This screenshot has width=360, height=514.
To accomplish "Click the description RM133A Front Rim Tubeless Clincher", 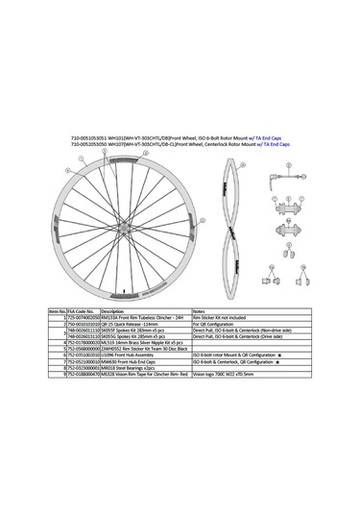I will (144, 318).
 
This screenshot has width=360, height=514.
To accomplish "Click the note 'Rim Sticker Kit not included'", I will (221, 318).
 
